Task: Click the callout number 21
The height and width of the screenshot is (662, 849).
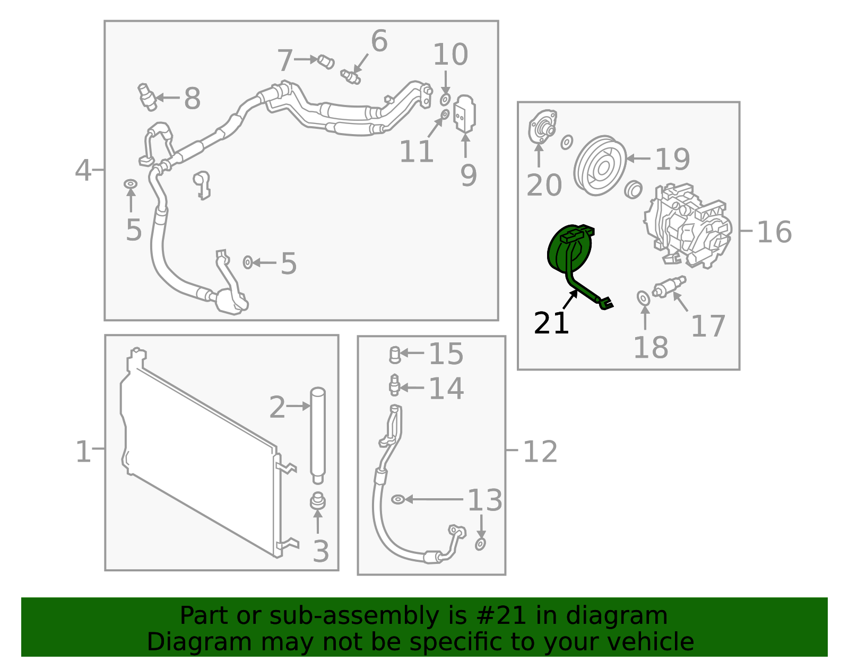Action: (x=551, y=323)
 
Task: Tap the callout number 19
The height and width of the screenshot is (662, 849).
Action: (x=672, y=159)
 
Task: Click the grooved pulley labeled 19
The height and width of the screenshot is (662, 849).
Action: (x=600, y=165)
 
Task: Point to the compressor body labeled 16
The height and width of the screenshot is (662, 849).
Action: (x=688, y=226)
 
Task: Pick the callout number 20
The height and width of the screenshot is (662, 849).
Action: (x=544, y=185)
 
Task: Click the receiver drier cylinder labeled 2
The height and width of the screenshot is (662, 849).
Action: (x=318, y=436)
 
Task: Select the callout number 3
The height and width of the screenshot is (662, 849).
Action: (x=321, y=552)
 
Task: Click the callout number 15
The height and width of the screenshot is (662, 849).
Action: (x=446, y=354)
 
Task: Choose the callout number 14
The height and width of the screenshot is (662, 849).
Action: (x=446, y=389)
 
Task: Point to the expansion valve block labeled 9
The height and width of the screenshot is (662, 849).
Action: (x=464, y=114)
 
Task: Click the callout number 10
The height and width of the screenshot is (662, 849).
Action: (x=451, y=55)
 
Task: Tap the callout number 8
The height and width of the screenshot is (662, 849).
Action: (x=192, y=98)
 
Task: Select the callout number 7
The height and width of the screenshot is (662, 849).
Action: (x=285, y=60)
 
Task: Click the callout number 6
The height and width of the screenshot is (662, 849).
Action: (x=379, y=41)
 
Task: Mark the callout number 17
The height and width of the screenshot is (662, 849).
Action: (x=708, y=326)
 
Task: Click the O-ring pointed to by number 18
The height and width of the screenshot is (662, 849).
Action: (x=644, y=298)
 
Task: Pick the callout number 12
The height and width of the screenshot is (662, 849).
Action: (x=540, y=452)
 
